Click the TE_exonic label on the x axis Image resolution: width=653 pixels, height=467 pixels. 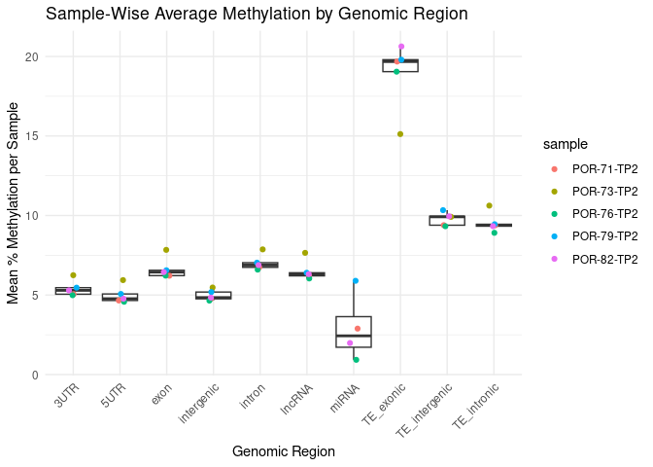390,406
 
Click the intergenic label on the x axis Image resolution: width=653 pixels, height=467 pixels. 199,405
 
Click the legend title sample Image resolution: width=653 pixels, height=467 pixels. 566,144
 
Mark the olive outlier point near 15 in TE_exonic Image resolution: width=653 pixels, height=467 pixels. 400,134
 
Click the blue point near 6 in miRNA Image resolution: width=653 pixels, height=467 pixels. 356,281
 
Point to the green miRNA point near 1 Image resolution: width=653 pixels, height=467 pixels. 356,360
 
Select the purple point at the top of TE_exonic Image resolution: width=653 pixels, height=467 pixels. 401,47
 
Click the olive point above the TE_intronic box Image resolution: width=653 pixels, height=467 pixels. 489,205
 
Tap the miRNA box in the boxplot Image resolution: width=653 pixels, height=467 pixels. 354,331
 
